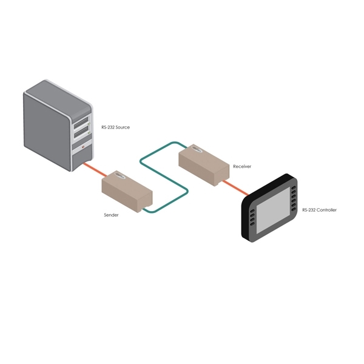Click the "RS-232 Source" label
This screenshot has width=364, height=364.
pyautogui.click(x=115, y=127)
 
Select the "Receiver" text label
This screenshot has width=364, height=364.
pyautogui.click(x=242, y=166)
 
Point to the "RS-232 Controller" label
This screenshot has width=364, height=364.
pyautogui.click(x=320, y=210)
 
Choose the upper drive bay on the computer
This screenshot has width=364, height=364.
pyautogui.click(x=83, y=123)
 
